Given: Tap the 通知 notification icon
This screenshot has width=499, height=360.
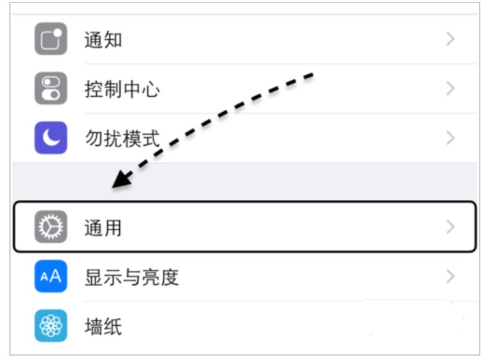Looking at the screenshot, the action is pyautogui.click(x=51, y=39).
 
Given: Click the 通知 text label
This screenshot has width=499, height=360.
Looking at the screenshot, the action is pyautogui.click(x=103, y=40).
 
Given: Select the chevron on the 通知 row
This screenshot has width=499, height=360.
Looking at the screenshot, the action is pyautogui.click(x=450, y=39).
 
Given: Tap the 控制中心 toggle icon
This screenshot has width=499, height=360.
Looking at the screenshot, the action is pyautogui.click(x=51, y=89).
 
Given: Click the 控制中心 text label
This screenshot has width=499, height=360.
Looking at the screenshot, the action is pyautogui.click(x=122, y=89).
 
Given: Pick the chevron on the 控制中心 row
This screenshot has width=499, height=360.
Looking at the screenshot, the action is pyautogui.click(x=450, y=89).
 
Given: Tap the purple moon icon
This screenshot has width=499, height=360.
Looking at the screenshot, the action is pyautogui.click(x=51, y=138).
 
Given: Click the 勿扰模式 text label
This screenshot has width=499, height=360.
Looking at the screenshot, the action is pyautogui.click(x=122, y=139).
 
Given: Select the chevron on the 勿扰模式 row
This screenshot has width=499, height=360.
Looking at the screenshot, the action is pyautogui.click(x=450, y=138).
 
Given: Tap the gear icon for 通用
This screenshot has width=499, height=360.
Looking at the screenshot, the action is pyautogui.click(x=51, y=227).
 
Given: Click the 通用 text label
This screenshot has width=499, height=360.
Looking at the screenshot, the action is pyautogui.click(x=103, y=228).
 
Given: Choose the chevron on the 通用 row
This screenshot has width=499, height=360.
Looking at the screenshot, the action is pyautogui.click(x=450, y=227).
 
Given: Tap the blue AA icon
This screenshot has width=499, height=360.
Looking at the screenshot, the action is pyautogui.click(x=51, y=276).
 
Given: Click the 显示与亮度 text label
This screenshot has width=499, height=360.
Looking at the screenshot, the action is pyautogui.click(x=132, y=277).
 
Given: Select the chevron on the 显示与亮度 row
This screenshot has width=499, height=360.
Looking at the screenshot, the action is pyautogui.click(x=450, y=276).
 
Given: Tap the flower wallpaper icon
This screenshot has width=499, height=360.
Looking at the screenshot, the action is pyautogui.click(x=51, y=326).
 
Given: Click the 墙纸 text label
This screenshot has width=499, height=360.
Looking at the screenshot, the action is pyautogui.click(x=103, y=326).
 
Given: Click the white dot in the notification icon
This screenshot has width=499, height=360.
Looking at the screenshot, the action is pyautogui.click(x=57, y=33).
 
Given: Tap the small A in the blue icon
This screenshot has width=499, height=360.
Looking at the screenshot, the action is pyautogui.click(x=44, y=277).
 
